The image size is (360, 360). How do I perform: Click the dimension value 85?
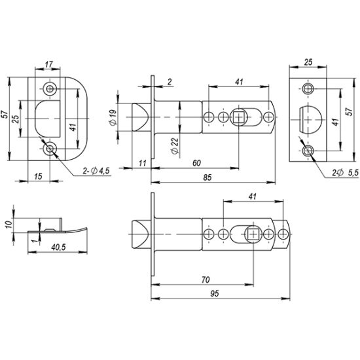click(207, 177)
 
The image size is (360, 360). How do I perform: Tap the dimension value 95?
click(215, 294)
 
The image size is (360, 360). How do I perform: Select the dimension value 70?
click(206, 279)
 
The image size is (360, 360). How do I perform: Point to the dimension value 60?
click(196, 163)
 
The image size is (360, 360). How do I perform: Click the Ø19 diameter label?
click(113, 118)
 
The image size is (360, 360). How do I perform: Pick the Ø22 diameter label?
click(175, 146)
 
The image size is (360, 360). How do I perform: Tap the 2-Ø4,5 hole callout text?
click(96, 171)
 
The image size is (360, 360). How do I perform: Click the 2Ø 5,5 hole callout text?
click(345, 173)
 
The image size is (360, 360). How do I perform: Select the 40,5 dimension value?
click(58, 247)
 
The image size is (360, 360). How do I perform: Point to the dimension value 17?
click(48, 64)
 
